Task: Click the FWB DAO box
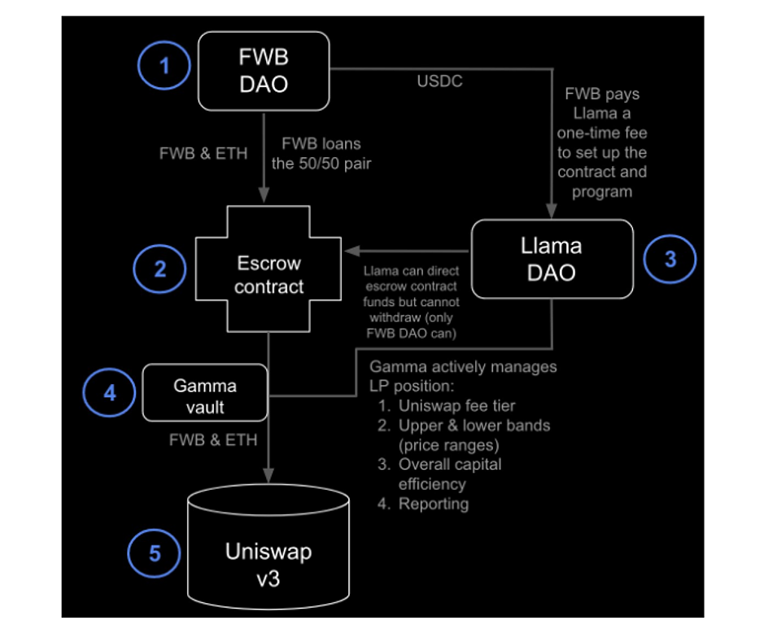pyautogui.click(x=264, y=71)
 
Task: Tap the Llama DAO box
pyautogui.click(x=553, y=259)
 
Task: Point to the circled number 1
pyautogui.click(x=164, y=65)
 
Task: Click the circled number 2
pyautogui.click(x=159, y=269)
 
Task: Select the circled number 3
pyautogui.click(x=670, y=259)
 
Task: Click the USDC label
pyautogui.click(x=439, y=81)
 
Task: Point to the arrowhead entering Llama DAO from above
pyautogui.click(x=553, y=213)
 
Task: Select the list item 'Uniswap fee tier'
pyautogui.click(x=456, y=406)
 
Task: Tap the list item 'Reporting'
pyautogui.click(x=433, y=504)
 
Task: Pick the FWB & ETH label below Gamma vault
pyautogui.click(x=212, y=440)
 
